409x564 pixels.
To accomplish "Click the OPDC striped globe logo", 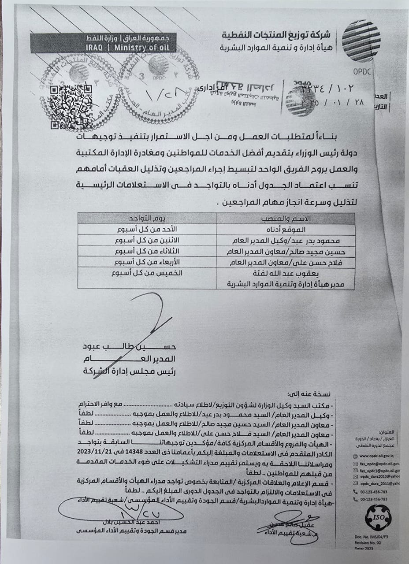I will [x=361, y=41].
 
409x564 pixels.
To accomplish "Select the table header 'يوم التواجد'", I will [x=147, y=219].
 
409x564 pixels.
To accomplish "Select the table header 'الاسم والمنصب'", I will [x=286, y=219].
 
